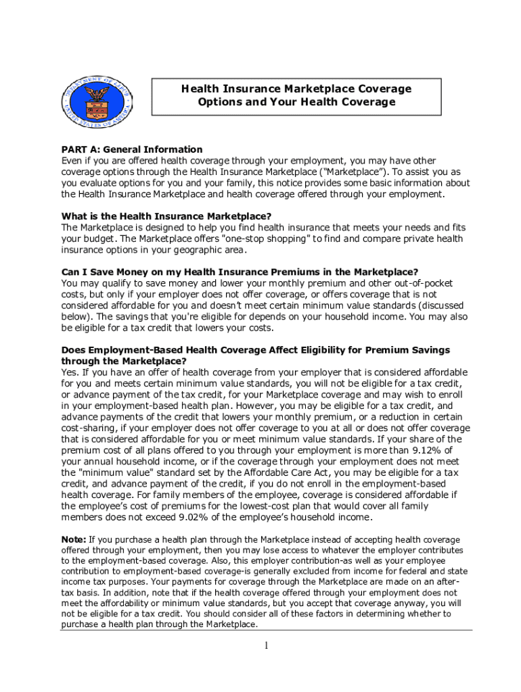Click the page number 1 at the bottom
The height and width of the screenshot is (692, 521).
click(x=267, y=646)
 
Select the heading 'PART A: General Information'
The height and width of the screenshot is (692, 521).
click(x=132, y=149)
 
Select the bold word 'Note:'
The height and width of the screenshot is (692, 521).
click(x=74, y=539)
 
